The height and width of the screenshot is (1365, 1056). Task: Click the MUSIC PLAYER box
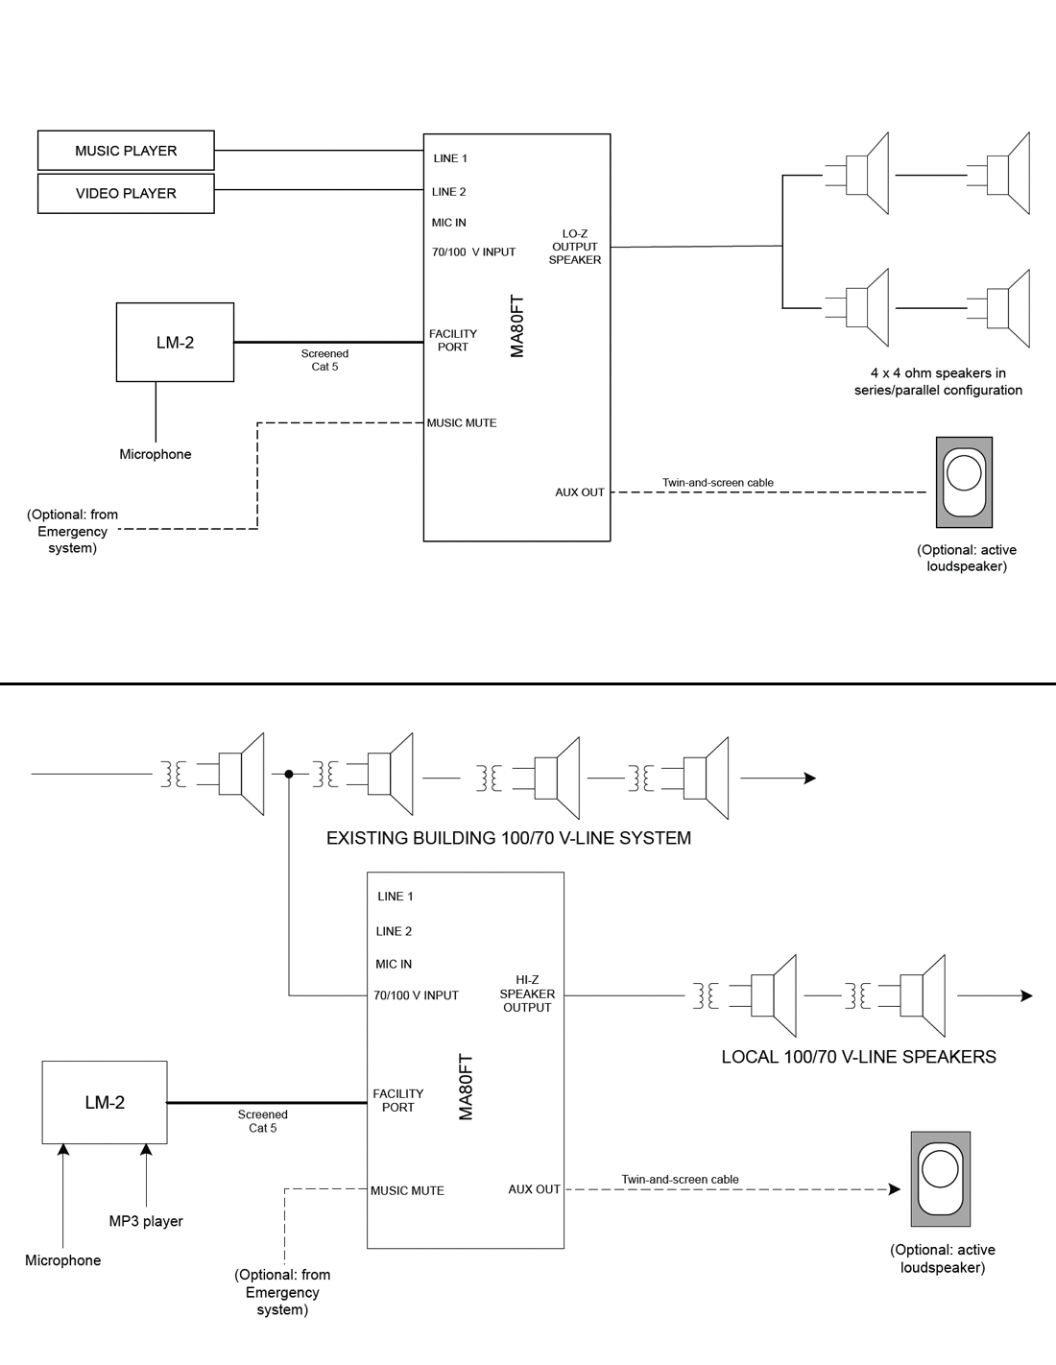pyautogui.click(x=126, y=151)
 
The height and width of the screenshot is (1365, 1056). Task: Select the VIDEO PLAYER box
pyautogui.click(x=126, y=193)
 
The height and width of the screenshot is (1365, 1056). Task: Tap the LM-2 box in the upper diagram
pyautogui.click(x=175, y=343)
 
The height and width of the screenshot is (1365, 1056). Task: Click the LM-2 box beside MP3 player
pyautogui.click(x=105, y=1102)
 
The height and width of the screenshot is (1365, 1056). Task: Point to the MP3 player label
pyautogui.click(x=146, y=1221)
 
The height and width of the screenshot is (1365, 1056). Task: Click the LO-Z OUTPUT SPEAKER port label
pyautogui.click(x=575, y=247)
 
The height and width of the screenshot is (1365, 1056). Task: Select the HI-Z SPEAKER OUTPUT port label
pyautogui.click(x=527, y=994)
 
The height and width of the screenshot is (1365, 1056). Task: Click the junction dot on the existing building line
pyautogui.click(x=289, y=774)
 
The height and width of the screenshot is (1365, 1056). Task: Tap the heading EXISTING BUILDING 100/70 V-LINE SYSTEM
pyautogui.click(x=509, y=838)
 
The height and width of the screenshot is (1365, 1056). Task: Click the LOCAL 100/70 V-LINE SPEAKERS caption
pyautogui.click(x=858, y=1057)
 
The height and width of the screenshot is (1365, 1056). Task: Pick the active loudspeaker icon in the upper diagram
pyautogui.click(x=964, y=482)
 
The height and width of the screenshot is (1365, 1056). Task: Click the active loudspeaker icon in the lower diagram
pyautogui.click(x=940, y=1178)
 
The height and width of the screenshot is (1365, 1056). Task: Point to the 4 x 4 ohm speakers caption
pyautogui.click(x=938, y=381)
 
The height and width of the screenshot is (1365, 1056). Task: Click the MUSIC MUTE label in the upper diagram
pyautogui.click(x=462, y=422)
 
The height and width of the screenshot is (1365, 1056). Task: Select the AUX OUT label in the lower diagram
pyautogui.click(x=534, y=1189)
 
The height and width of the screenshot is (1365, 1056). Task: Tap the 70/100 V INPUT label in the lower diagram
pyautogui.click(x=416, y=995)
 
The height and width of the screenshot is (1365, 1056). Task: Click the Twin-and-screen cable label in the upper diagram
pyautogui.click(x=717, y=483)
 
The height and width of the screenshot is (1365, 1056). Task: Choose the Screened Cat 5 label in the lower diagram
pyautogui.click(x=262, y=1121)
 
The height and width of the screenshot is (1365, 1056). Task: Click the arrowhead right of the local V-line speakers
pyautogui.click(x=1026, y=996)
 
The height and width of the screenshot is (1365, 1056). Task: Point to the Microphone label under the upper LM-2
pyautogui.click(x=156, y=454)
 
